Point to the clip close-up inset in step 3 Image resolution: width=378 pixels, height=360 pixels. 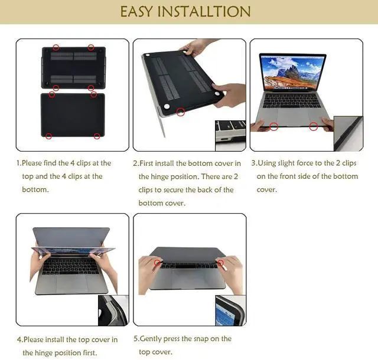[x=348, y=133]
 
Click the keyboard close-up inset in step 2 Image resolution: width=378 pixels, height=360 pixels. [x=230, y=135]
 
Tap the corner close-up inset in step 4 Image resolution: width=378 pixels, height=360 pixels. [x=112, y=309]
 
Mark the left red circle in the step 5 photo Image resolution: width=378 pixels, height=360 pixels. [x=159, y=261]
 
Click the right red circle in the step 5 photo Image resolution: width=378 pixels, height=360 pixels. [x=220, y=261]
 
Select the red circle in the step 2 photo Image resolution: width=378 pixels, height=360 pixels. [x=181, y=110]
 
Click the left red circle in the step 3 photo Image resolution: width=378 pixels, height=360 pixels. [x=273, y=126]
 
